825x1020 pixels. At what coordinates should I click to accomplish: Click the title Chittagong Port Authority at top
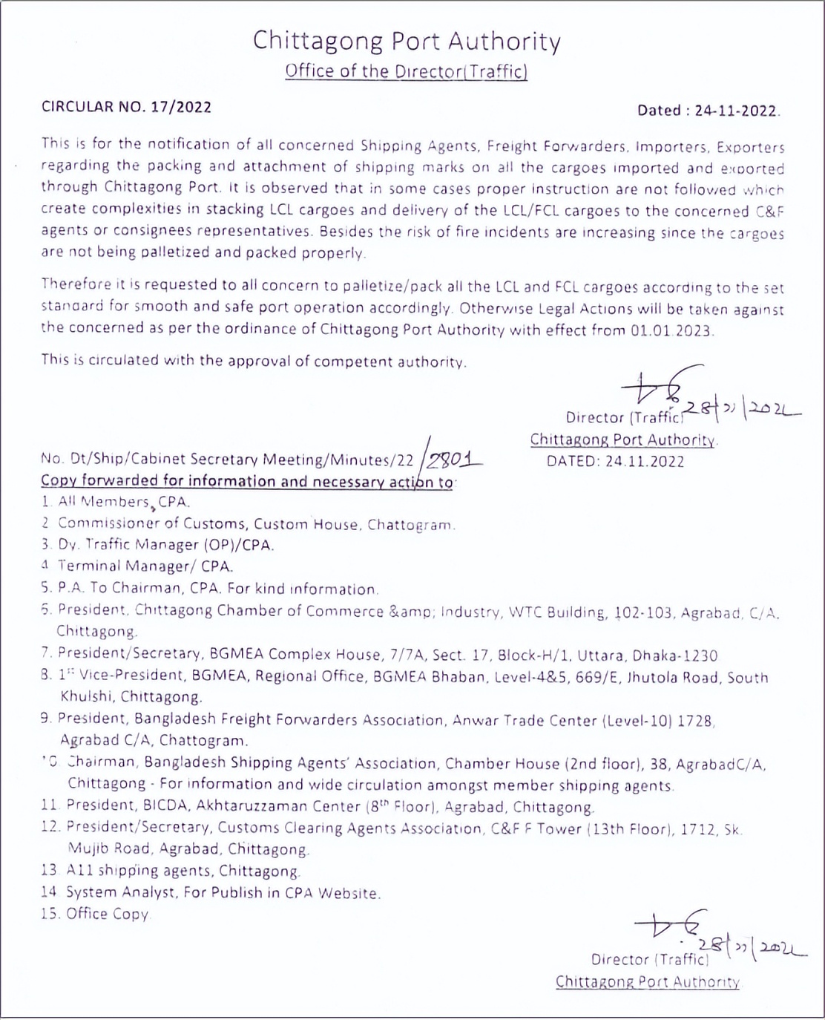pyautogui.click(x=407, y=41)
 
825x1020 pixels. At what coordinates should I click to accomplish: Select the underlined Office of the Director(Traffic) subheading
pyautogui.click(x=406, y=71)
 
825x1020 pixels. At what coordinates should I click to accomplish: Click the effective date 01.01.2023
pyautogui.click(x=671, y=330)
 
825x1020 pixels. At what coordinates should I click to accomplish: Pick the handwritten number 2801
pyautogui.click(x=451, y=460)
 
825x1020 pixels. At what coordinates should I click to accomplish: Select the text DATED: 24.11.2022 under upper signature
pyautogui.click(x=615, y=461)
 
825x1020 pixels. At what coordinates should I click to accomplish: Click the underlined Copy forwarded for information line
pyautogui.click(x=247, y=481)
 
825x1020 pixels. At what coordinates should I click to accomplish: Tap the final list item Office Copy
pyautogui.click(x=108, y=914)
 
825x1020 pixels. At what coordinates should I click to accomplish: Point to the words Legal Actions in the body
pyautogui.click(x=585, y=310)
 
